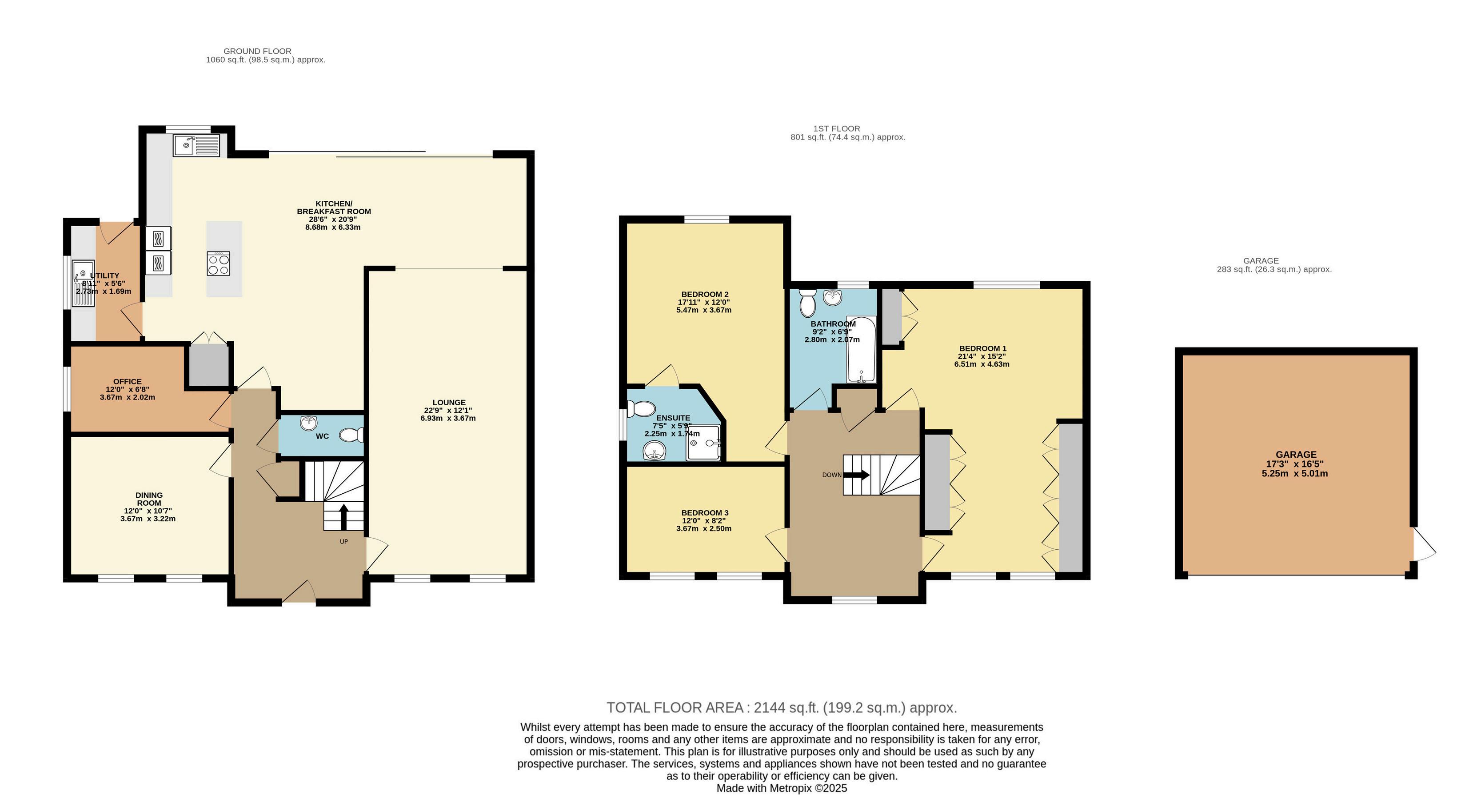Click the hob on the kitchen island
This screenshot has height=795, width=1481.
tap(219, 263)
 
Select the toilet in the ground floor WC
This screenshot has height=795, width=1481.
tap(352, 435)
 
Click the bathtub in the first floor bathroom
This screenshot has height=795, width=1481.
tap(861, 349)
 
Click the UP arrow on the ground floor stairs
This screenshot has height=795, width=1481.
tap(344, 517)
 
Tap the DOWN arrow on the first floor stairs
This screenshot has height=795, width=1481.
tap(857, 475)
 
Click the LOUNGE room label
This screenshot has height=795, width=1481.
tap(449, 402)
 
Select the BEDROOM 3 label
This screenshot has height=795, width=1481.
tap(705, 513)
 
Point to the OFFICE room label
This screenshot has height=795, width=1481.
tap(127, 381)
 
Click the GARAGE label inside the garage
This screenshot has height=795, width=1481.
tap(1296, 454)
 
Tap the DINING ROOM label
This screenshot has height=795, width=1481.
tap(149, 499)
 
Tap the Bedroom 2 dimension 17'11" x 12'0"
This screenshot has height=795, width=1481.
tap(704, 302)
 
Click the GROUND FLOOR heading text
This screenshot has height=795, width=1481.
tap(258, 51)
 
